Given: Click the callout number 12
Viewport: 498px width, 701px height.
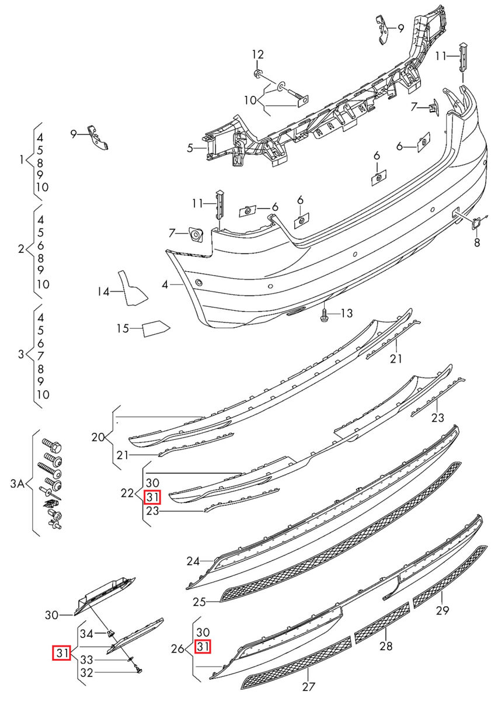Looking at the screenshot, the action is click(258, 55).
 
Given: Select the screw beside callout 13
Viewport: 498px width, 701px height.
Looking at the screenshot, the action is click(325, 314).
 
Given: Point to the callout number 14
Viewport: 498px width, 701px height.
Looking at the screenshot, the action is click(103, 291).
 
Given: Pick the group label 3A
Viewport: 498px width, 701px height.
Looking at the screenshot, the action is click(17, 484).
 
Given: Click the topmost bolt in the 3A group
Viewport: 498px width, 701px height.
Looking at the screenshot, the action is click(51, 445).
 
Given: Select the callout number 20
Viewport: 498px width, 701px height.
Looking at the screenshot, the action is click(98, 437).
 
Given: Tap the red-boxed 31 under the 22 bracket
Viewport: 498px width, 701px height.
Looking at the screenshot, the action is click(152, 497).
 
